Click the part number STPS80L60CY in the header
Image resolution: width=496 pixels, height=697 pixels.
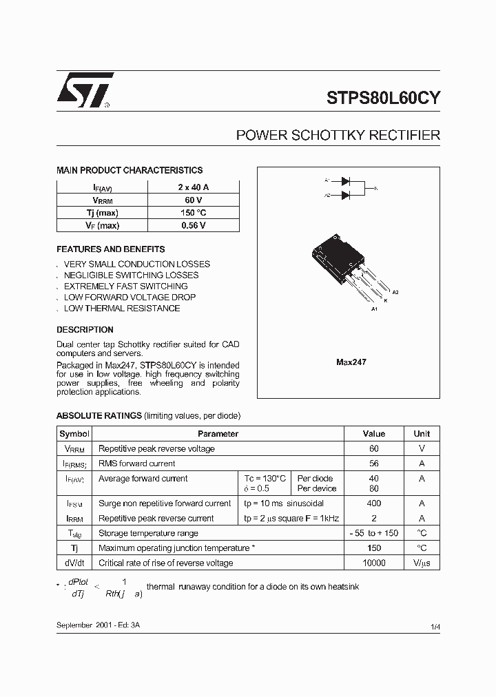pyautogui.click(x=383, y=98)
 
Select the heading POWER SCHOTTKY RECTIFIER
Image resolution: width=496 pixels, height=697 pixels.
pyautogui.click(x=338, y=136)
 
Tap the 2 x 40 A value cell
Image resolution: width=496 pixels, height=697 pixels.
pyautogui.click(x=193, y=187)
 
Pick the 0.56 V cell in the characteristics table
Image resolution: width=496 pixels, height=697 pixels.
pyautogui.click(x=193, y=225)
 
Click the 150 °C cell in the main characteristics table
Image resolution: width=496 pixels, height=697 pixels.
pyautogui.click(x=193, y=213)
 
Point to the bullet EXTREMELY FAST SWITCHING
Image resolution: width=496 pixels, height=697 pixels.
pyautogui.click(x=125, y=286)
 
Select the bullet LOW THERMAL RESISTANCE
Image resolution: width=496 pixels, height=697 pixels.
pyautogui.click(x=122, y=308)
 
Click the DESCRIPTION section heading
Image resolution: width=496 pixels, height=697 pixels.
pyautogui.click(x=85, y=330)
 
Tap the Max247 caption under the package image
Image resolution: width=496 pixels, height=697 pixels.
pyautogui.click(x=351, y=362)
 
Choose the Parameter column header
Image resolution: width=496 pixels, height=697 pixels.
pyautogui.click(x=218, y=434)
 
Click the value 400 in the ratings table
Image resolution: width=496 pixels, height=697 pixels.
pyautogui.click(x=373, y=503)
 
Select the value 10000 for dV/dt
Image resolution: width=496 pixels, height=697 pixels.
pyautogui.click(x=373, y=563)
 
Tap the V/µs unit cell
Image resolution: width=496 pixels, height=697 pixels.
pyautogui.click(x=422, y=563)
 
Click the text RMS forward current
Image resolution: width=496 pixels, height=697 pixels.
pyautogui.click(x=137, y=464)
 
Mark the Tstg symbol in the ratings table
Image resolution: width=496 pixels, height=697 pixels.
pyautogui.click(x=74, y=533)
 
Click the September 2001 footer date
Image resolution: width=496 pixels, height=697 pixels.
pyautogui.click(x=100, y=625)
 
